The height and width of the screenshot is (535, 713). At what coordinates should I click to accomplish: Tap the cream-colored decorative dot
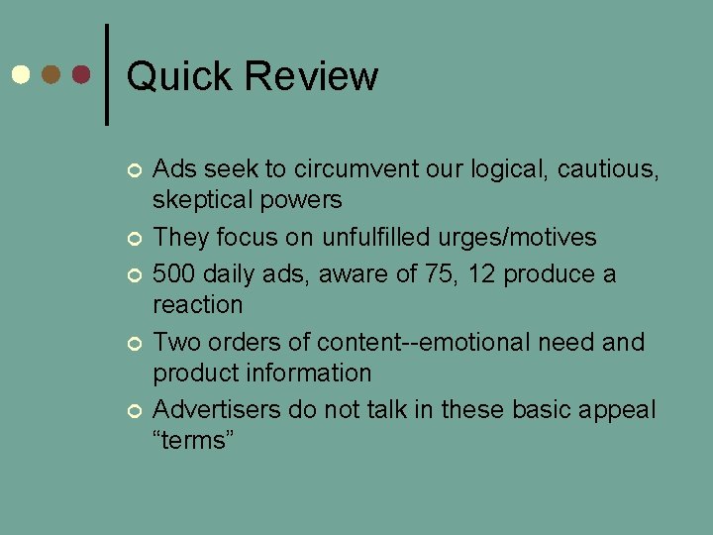(19, 75)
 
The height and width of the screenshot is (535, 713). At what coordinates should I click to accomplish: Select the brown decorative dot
(51, 75)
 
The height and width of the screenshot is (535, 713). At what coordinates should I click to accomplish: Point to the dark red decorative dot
(81, 75)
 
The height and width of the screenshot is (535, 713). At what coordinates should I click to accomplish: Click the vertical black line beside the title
(106, 74)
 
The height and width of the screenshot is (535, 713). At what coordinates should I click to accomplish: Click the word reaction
(197, 304)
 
